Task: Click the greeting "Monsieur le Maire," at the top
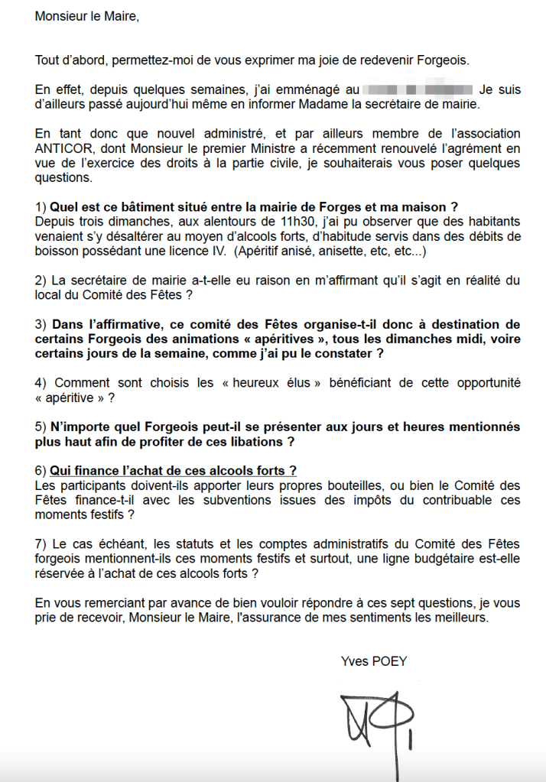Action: (87, 17)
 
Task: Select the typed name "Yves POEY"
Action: (374, 661)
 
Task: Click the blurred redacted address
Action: (417, 89)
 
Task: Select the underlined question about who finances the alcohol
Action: (173, 471)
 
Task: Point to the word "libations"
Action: (255, 442)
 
